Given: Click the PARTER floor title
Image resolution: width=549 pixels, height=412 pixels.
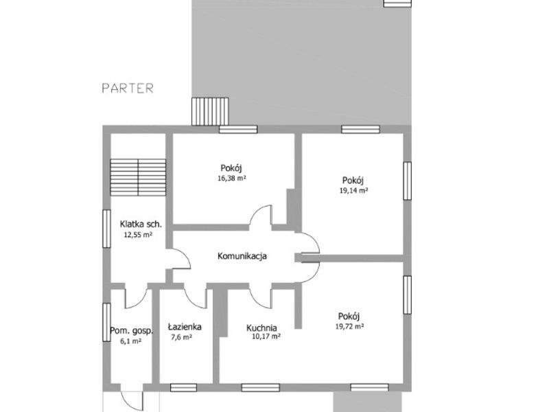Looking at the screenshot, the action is click(128, 88).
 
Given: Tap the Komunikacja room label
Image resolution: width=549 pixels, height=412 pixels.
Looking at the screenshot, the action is click(242, 256).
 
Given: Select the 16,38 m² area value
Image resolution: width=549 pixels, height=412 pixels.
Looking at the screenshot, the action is click(232, 178).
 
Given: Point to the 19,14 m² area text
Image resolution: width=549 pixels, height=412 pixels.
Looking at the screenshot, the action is click(353, 191).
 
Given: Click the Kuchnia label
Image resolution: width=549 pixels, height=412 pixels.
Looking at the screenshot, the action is click(261, 328).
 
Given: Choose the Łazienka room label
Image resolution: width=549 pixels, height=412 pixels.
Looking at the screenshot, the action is click(185, 327).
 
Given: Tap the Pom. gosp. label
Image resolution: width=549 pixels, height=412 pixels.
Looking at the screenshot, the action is click(132, 331).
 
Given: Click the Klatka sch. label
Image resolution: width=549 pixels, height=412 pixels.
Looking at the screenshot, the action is click(141, 224).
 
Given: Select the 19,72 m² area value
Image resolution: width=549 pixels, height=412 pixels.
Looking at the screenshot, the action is click(350, 327).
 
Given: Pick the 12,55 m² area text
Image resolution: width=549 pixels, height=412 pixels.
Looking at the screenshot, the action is click(139, 235).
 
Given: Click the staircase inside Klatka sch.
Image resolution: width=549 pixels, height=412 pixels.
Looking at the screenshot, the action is click(138, 177).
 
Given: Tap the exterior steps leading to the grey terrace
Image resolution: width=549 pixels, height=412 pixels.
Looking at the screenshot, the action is click(210, 111).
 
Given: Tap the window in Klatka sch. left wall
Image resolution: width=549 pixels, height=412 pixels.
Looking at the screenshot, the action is click(106, 229).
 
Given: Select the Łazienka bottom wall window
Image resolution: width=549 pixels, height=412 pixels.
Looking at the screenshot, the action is click(183, 387).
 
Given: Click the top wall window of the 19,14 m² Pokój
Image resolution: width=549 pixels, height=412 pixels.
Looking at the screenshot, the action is click(361, 129).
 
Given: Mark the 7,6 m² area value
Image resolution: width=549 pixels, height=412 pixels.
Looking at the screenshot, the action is click(181, 337).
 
